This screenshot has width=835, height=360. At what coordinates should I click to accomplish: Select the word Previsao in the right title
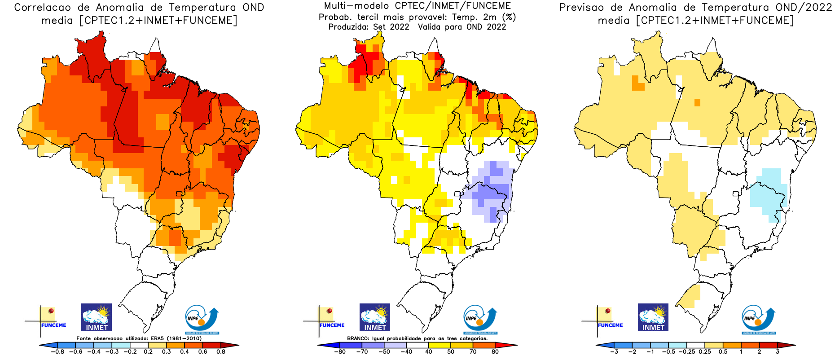(x=581, y=8)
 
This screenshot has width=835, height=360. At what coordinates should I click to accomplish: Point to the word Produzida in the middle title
(x=348, y=27)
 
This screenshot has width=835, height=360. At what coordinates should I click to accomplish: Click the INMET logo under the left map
(x=97, y=317)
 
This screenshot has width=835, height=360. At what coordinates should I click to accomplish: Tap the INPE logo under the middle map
(x=480, y=319)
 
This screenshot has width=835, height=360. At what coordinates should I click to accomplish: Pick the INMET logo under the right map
(x=653, y=317)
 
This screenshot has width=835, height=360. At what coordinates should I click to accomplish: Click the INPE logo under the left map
(x=202, y=319)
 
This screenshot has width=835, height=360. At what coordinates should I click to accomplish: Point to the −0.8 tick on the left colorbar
(x=57, y=351)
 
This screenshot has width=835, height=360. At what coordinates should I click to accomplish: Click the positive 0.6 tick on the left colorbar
(x=202, y=351)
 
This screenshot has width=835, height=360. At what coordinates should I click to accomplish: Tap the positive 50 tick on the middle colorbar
(x=451, y=351)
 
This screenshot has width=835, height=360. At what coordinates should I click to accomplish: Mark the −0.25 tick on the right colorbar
(x=687, y=351)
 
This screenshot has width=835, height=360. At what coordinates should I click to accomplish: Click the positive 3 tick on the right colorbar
(x=778, y=351)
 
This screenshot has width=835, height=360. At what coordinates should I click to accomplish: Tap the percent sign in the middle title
(x=509, y=17)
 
